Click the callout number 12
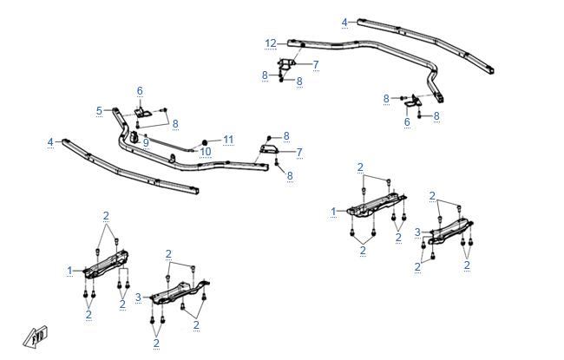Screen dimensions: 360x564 click(271, 43)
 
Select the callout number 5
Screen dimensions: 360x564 click(99, 110)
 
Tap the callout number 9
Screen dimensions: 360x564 click(147, 141)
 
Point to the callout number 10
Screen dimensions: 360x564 click(206, 152)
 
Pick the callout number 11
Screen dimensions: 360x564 click(228, 139)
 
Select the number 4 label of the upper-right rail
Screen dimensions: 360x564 click(344, 22)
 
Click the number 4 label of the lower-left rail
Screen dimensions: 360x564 click(50, 141)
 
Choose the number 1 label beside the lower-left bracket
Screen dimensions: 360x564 click(70, 271)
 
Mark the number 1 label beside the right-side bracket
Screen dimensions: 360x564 click(334, 211)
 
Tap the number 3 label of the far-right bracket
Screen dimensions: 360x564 click(416, 232)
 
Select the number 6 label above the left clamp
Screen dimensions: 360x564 click(140, 91)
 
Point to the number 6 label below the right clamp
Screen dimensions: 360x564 click(406, 122)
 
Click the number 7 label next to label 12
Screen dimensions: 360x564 click(315, 64)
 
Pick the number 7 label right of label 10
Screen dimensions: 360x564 click(299, 153)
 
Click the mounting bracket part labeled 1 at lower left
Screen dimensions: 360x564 click(106, 265)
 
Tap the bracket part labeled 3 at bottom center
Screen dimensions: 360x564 click(180, 291)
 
